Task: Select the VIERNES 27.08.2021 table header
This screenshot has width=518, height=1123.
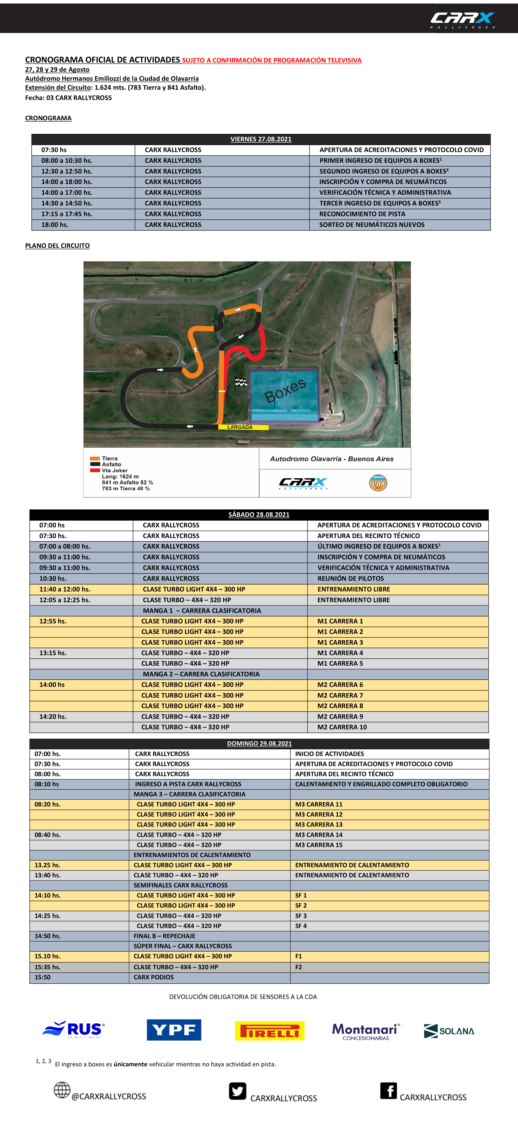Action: click(x=261, y=139)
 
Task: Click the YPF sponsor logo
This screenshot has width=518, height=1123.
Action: click(x=174, y=1030)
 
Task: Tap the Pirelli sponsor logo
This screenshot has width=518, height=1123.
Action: click(x=270, y=1031)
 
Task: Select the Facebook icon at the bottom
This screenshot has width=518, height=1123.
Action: click(x=388, y=1091)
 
